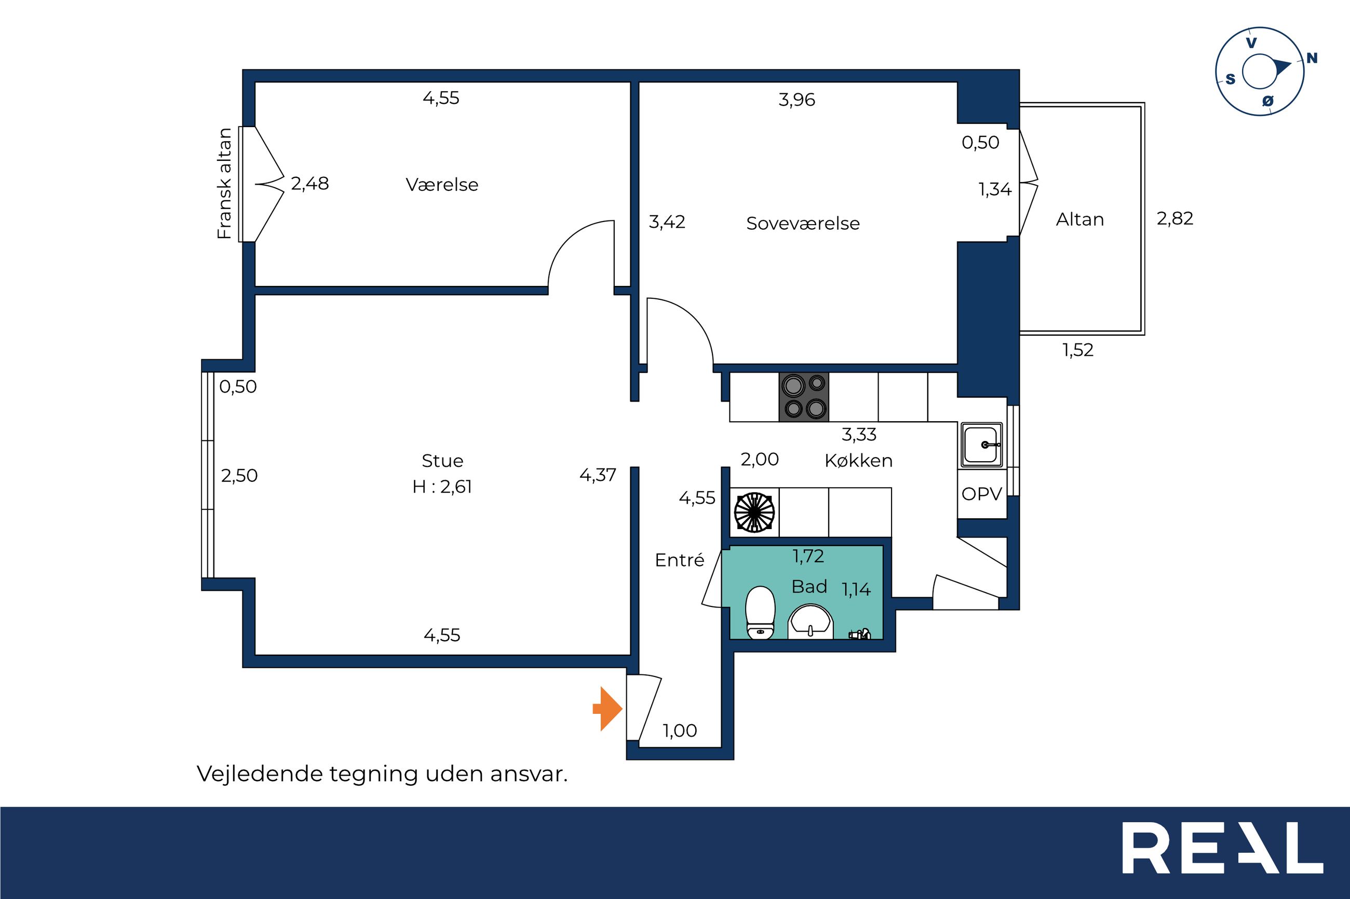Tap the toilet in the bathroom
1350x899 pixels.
[760, 612]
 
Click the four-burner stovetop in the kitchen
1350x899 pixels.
[804, 397]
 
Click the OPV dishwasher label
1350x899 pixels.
[982, 494]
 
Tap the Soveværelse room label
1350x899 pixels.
[803, 224]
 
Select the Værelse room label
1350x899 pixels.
[442, 185]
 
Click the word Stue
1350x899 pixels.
[442, 460]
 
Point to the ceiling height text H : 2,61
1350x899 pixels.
[442, 487]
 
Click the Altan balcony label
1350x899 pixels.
[1080, 219]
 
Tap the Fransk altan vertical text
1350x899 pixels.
[224, 184]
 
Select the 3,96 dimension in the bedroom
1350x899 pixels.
[797, 100]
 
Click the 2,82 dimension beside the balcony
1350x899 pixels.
[1175, 218]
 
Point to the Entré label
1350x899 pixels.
[679, 560]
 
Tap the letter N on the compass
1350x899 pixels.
[1312, 58]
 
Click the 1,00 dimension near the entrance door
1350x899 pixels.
[680, 730]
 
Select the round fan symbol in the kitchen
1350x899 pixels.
[754, 513]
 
